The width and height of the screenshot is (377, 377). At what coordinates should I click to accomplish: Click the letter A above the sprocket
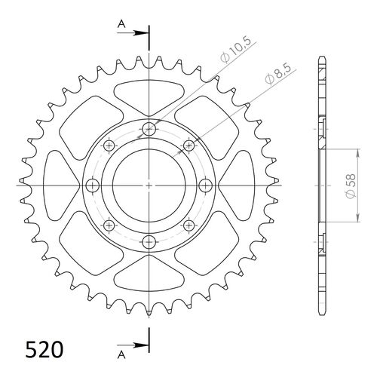(121, 24)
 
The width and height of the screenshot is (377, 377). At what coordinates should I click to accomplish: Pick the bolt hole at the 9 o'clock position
(93, 185)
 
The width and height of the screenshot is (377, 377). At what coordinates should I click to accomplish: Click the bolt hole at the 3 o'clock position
(204, 185)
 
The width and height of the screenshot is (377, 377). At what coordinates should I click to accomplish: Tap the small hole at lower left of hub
(109, 225)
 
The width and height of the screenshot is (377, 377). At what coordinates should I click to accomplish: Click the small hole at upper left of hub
(109, 146)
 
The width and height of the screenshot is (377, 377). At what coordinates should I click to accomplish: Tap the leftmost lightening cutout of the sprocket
(62, 185)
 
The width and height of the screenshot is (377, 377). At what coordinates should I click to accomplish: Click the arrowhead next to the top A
(143, 33)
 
